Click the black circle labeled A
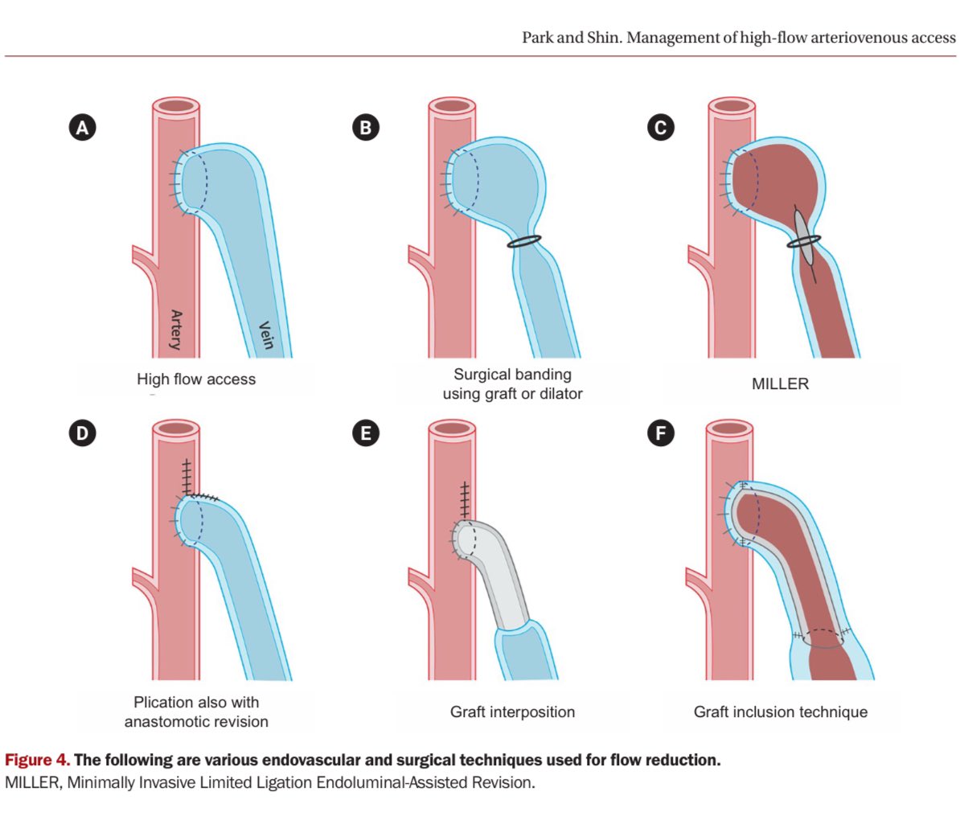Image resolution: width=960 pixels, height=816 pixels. coord(82,127)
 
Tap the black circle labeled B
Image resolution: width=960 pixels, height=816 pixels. coord(366,127)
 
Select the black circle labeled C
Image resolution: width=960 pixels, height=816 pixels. coord(661,127)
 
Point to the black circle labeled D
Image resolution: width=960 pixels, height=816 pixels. coord(82,433)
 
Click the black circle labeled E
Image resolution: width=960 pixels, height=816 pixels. coord(366,433)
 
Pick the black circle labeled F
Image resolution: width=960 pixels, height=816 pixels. coord(661,433)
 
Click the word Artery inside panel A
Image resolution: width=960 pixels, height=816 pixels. coord(176,330)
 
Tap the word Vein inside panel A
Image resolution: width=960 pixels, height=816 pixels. coord(265,334)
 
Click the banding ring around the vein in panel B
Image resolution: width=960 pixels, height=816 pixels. coord(524,240)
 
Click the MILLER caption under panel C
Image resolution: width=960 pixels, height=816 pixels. coord(780,384)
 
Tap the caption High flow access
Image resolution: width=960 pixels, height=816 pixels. coord(196,379)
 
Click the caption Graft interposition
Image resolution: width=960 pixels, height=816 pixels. coord(512,711)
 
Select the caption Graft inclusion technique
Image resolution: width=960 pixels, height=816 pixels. coord(780,711)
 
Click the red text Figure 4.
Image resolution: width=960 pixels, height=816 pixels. coord(37,760)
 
